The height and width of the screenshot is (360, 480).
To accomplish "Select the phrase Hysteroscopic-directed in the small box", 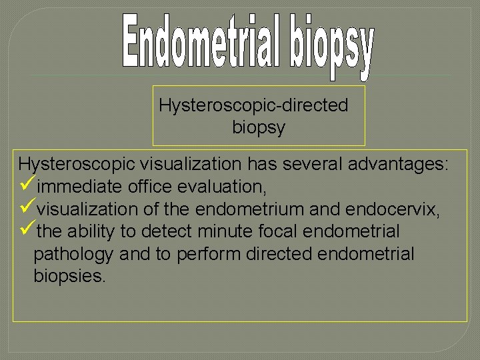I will pyautogui.click(x=253, y=106).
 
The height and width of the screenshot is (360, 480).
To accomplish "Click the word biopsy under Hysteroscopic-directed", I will pyautogui.click(x=259, y=127).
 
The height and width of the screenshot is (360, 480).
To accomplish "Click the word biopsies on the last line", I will pyautogui.click(x=69, y=277).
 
